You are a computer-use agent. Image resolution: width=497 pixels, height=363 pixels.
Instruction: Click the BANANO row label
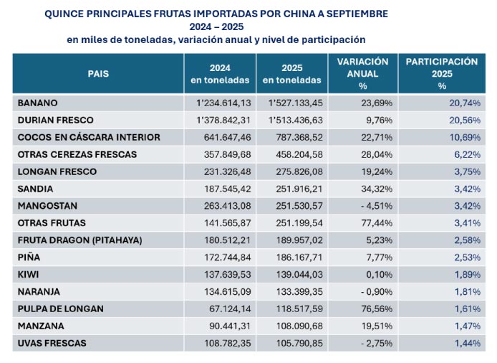38,103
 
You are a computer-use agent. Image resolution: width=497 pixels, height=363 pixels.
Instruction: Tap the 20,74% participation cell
465,103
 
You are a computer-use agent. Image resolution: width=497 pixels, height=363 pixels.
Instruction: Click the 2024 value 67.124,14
228,309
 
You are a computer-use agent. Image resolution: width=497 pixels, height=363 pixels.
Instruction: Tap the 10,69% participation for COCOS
465,137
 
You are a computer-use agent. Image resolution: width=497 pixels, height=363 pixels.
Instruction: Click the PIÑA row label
29,258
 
